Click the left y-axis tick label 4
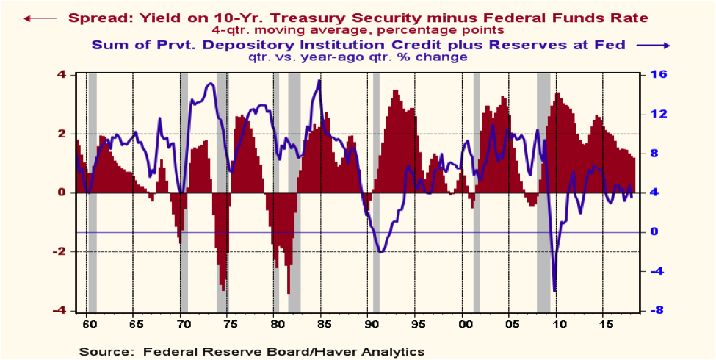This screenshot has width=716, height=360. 62,75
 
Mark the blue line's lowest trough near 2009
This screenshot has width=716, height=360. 554,290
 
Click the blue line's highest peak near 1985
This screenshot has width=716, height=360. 319,81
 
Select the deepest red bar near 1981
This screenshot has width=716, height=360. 289,293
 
